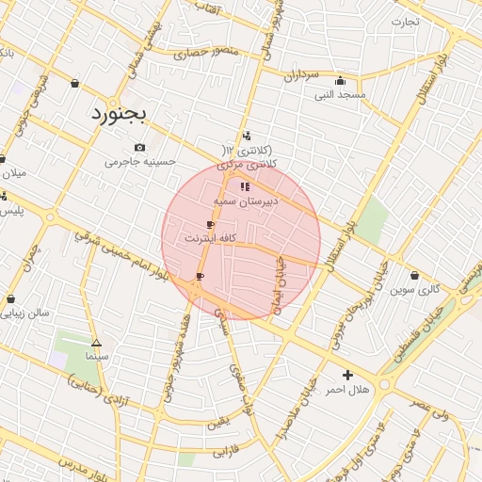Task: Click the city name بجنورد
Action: pyautogui.click(x=120, y=114)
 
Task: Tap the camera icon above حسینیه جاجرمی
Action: pyautogui.click(x=140, y=147)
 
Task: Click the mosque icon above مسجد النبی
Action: pyautogui.click(x=352, y=79)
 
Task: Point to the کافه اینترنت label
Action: pyautogui.click(x=208, y=240)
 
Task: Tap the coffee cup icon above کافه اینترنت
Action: pyautogui.click(x=210, y=225)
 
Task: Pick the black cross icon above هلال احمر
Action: pyautogui.click(x=348, y=374)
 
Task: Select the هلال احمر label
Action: pyautogui.click(x=348, y=389)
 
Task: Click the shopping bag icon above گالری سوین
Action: pyautogui.click(x=416, y=276)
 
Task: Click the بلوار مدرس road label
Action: pyautogui.click(x=80, y=467)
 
